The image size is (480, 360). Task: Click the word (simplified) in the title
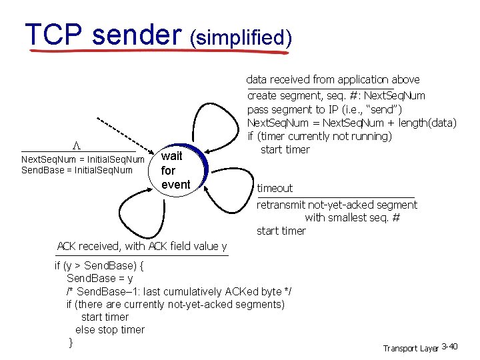(x=240, y=38)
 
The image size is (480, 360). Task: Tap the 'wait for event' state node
(x=176, y=170)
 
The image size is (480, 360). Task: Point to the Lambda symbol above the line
(x=77, y=145)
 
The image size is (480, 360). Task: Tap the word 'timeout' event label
(x=275, y=188)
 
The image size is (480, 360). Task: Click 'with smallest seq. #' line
(x=352, y=217)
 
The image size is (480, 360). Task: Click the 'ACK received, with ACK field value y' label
(x=141, y=246)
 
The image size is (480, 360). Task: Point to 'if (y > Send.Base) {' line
(x=99, y=265)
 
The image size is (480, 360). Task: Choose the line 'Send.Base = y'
(x=99, y=279)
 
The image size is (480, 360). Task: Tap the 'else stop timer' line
(x=110, y=329)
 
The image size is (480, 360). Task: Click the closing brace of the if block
(x=71, y=342)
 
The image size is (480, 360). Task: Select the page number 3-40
(x=449, y=347)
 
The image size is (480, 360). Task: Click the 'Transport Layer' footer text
(x=411, y=348)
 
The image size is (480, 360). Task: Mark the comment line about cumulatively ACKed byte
(x=179, y=291)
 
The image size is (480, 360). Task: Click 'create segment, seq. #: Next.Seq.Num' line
(x=336, y=95)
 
